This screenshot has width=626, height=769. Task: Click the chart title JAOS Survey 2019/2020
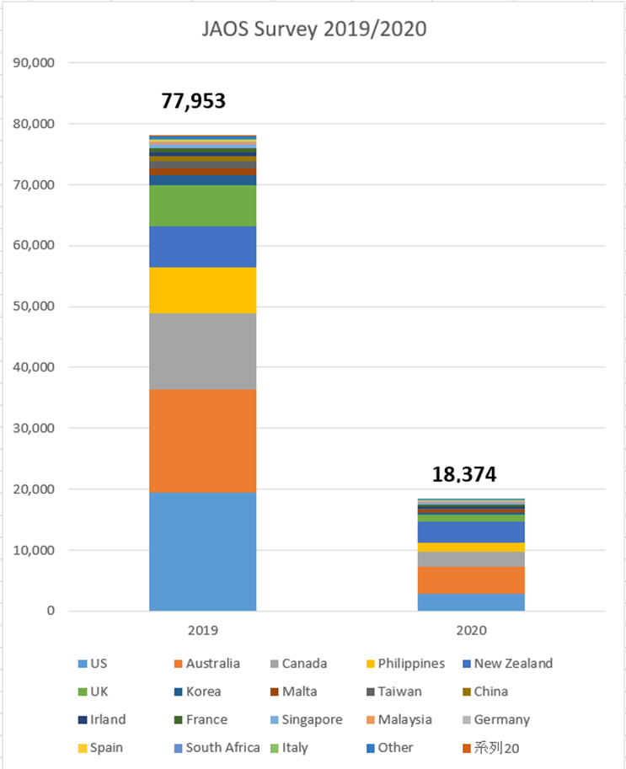pos(313,29)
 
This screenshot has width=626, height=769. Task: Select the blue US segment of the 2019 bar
pos(202,552)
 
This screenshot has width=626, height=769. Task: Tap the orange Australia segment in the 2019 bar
pos(202,441)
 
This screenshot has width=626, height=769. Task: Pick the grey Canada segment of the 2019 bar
pos(202,351)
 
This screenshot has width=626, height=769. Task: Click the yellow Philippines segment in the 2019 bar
pos(202,290)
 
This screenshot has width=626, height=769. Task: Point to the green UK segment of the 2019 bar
pos(202,206)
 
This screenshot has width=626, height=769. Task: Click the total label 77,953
pos(193,102)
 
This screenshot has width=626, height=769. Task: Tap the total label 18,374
pos(464,474)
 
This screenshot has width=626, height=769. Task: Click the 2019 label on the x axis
pos(202,629)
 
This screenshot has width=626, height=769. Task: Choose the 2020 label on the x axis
pos(471,629)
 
